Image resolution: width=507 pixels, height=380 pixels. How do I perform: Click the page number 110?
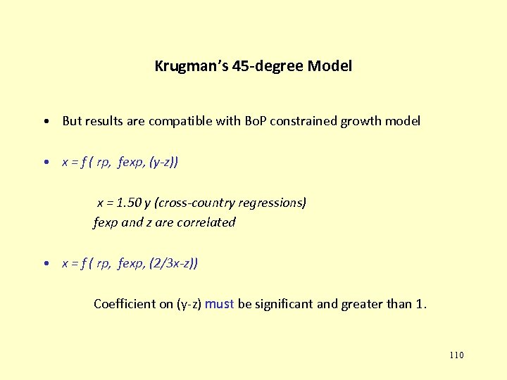pyautogui.click(x=456, y=355)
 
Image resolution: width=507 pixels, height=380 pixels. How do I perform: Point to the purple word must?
pyautogui.click(x=220, y=304)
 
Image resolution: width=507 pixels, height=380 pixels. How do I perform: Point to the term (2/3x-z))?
pyautogui.click(x=173, y=263)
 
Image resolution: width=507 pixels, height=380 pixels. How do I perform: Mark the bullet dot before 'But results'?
pyautogui.click(x=45, y=121)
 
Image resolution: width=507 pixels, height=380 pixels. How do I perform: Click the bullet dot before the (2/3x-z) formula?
pyautogui.click(x=45, y=263)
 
